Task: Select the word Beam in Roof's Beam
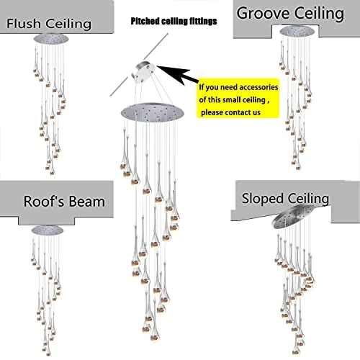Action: tap(85, 202)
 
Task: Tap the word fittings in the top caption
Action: tap(197, 23)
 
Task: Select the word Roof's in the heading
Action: tap(42, 202)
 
